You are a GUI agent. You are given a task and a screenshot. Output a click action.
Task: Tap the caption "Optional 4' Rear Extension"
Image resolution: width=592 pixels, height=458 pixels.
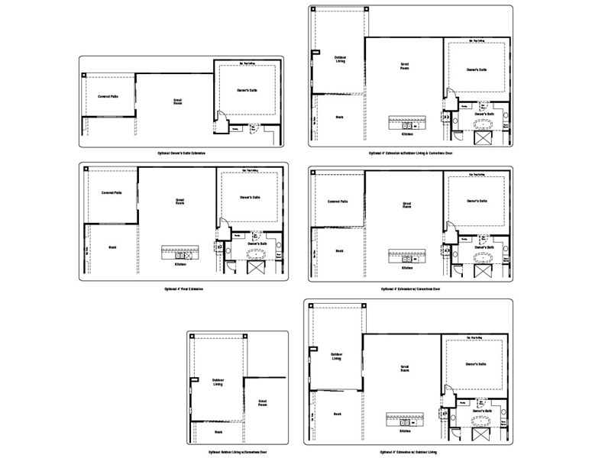[184, 290]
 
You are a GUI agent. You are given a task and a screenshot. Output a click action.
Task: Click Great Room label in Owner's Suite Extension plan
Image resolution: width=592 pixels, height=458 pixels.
[177, 101]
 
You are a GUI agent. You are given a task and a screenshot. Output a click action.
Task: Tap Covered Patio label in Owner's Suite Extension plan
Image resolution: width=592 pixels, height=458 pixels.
[108, 97]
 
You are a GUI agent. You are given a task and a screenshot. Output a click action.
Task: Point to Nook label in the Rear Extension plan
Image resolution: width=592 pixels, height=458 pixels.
[112, 247]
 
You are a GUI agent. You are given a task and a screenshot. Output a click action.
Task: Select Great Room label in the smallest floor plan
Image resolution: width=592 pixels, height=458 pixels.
[262, 402]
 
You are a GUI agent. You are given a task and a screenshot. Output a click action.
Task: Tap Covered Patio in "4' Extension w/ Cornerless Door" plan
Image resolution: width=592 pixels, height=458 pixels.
[338, 202]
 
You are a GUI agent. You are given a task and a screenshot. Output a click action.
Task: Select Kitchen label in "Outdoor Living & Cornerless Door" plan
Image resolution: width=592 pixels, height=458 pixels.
[407, 134]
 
